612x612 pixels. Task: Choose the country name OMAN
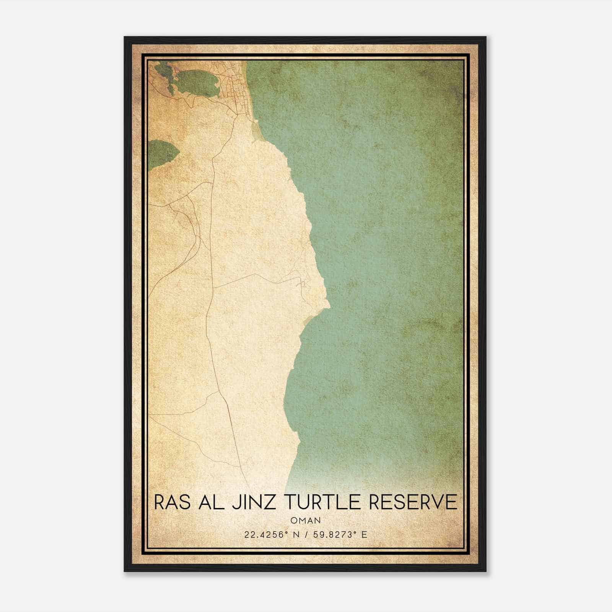[x=306, y=521]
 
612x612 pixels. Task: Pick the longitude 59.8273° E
[x=340, y=534]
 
